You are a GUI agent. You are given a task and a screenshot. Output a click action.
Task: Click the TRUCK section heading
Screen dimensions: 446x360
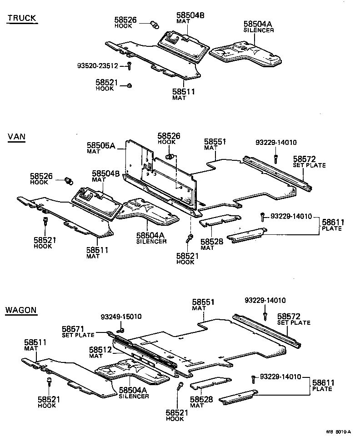point(22,19)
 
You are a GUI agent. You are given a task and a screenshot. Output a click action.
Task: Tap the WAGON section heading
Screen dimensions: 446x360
point(21,311)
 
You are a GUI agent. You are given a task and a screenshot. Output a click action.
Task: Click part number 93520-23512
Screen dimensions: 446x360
point(97,66)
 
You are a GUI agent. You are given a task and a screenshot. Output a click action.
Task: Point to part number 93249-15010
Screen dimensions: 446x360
point(121,317)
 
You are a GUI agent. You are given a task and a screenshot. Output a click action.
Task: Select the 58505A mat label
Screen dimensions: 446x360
point(101,148)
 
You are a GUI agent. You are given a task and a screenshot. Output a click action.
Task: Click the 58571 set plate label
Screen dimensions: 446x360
point(78,331)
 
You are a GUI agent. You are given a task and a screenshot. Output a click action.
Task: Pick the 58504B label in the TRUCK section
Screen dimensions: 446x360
point(190,18)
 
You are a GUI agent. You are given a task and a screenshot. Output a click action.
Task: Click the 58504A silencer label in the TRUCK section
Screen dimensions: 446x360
point(258,26)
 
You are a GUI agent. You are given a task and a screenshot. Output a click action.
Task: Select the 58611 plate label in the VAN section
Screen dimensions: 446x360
point(334,225)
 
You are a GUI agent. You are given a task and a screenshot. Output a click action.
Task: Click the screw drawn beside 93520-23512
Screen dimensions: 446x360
point(129,66)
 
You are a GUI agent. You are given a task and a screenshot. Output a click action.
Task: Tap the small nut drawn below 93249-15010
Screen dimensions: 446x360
point(122,329)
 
